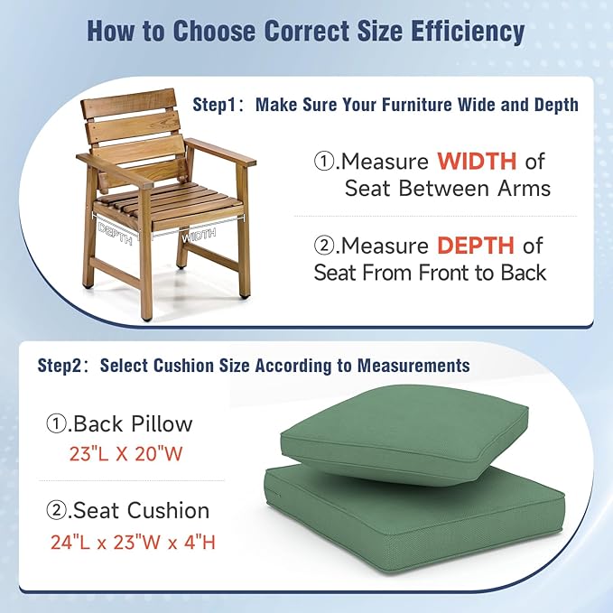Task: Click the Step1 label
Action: tap(219, 105)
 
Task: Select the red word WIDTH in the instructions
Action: tap(477, 162)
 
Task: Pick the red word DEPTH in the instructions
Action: tap(477, 245)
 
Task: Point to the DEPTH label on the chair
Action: tap(116, 232)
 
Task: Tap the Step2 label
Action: tap(62, 366)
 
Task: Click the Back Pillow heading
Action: tap(132, 423)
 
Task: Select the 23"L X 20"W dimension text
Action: tap(125, 454)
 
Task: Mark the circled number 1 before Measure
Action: tap(324, 163)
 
